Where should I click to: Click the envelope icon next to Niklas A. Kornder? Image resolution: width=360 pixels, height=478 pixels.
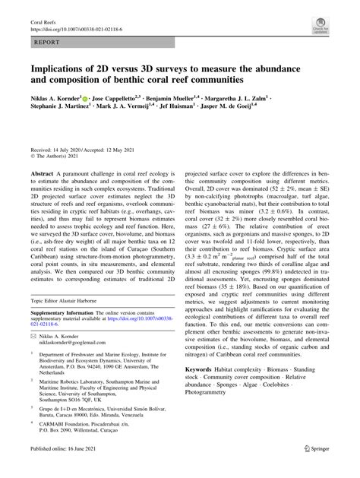pyautogui.click(x=35, y=334)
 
